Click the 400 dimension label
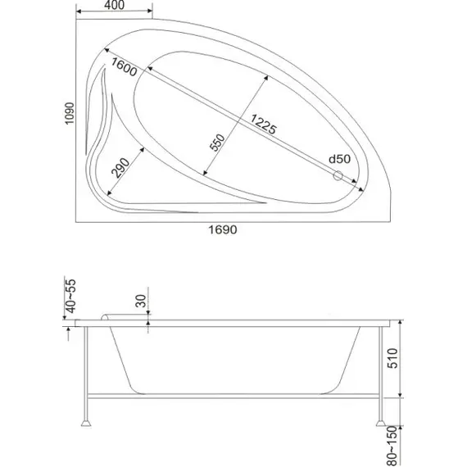click(x=115, y=5)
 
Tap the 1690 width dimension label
click(x=223, y=229)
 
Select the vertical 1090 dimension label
click(x=70, y=114)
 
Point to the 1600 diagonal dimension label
click(x=124, y=66)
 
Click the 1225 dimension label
click(x=264, y=124)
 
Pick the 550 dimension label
click(x=217, y=143)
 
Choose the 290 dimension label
click(x=120, y=168)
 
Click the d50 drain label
click(x=339, y=159)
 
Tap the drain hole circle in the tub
click(x=338, y=175)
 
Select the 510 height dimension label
click(x=392, y=358)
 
